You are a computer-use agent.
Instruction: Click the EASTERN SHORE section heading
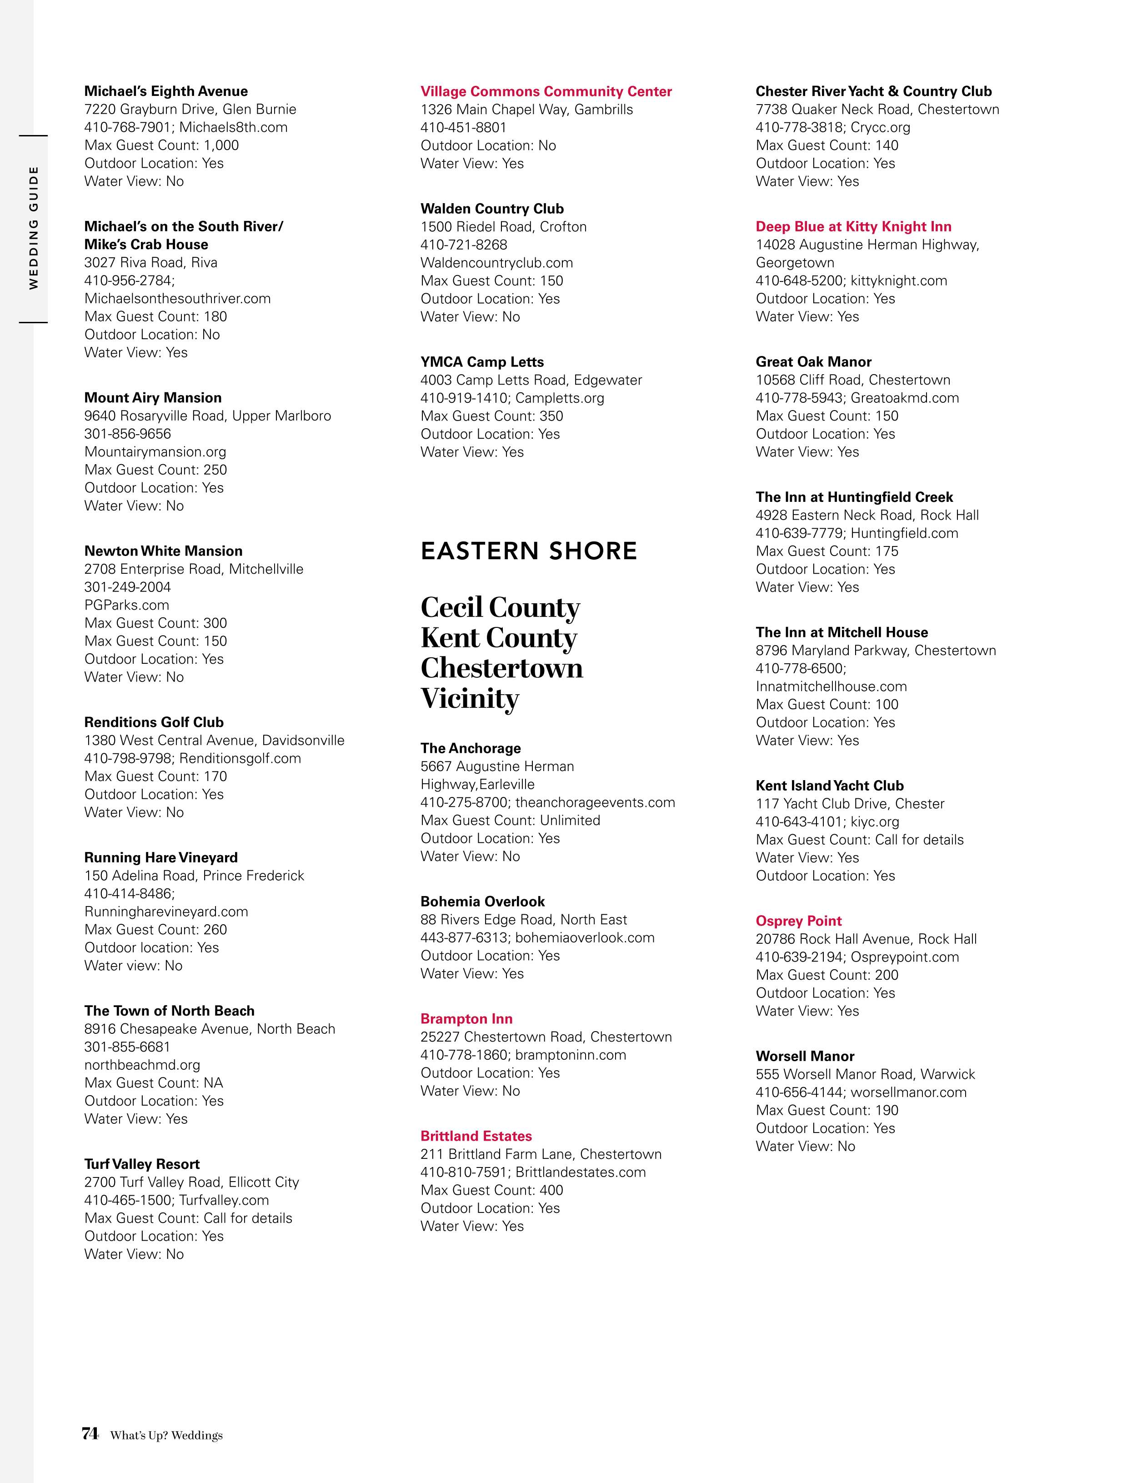coord(528,551)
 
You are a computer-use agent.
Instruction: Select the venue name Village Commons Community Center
coord(546,91)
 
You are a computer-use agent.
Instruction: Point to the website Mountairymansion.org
coord(155,451)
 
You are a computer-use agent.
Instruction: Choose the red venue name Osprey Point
coord(798,921)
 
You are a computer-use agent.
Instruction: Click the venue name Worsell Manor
coord(805,1056)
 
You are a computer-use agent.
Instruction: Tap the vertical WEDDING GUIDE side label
coord(33,227)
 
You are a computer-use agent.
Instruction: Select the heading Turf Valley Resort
coord(142,1164)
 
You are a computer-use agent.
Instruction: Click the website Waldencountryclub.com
coord(496,263)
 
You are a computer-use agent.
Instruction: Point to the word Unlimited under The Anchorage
coord(570,820)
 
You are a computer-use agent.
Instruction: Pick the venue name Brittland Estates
coord(476,1136)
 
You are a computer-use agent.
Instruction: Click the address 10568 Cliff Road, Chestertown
coord(853,380)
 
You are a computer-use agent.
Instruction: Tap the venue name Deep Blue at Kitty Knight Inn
coord(853,227)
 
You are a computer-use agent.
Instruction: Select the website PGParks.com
coord(126,605)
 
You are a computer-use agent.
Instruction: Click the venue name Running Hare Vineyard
coord(161,857)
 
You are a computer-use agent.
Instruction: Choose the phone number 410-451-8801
coord(463,127)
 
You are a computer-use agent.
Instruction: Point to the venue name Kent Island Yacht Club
coord(830,786)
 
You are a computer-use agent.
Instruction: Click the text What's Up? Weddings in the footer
coord(166,1435)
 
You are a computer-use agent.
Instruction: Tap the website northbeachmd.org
coord(142,1065)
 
